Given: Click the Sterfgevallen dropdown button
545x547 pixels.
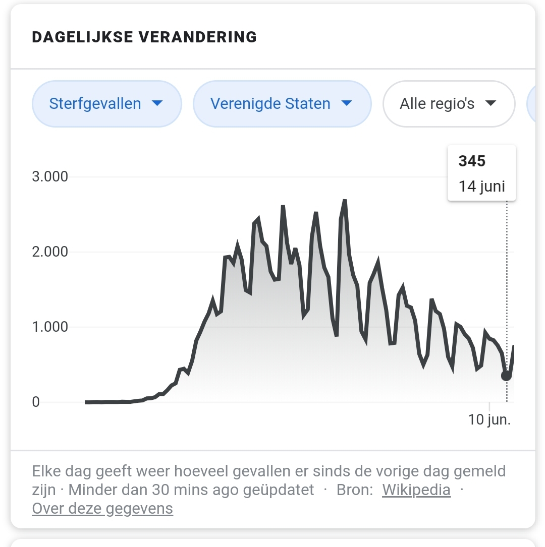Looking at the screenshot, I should [x=106, y=104].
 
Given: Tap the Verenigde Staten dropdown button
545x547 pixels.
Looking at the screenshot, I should [x=282, y=104].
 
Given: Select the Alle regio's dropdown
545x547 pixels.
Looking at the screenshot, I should [x=448, y=104].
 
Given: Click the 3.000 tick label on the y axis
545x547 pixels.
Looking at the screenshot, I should [x=49, y=177].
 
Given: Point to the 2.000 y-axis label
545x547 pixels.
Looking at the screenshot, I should [x=49, y=252].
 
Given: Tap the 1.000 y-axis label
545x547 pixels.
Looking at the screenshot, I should [x=49, y=327].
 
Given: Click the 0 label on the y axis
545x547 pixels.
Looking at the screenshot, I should [x=36, y=402].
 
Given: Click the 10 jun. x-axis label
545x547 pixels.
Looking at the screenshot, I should [x=489, y=420].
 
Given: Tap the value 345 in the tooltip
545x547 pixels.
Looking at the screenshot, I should [x=472, y=161].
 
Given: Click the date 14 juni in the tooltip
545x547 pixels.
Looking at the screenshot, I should [x=481, y=186].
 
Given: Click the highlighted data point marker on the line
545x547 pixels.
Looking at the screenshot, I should [x=506, y=376].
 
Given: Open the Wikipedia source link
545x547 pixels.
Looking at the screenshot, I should [x=416, y=490].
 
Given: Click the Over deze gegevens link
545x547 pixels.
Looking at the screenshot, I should [x=102, y=509].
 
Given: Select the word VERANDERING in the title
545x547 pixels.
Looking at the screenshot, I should [x=197, y=37].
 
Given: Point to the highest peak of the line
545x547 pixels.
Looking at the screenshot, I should [x=345, y=201].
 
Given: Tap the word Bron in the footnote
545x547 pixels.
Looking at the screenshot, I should [x=355, y=490].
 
